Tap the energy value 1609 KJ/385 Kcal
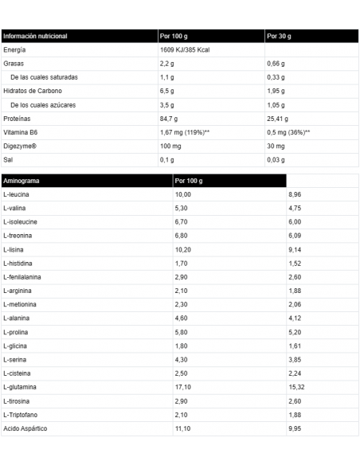pos(189,50)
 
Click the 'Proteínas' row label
pos(18,118)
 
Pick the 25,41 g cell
pos(278,118)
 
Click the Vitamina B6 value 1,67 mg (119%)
pos(184,131)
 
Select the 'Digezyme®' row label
pos(20,145)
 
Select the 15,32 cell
pos(296,386)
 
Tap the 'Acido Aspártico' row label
pos(25,428)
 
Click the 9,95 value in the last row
pos(295,428)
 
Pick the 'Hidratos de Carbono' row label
pos(32,91)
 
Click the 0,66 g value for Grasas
pos(276,64)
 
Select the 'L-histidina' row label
pos(18,263)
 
